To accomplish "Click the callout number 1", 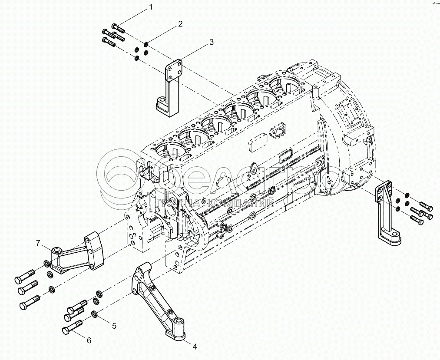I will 151,7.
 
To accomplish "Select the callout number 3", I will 212,42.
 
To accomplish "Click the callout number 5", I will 114,325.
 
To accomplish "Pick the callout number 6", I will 89,340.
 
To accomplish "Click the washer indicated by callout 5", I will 94,314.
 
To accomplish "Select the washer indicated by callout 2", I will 146,45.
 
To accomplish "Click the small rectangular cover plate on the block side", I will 258,145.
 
